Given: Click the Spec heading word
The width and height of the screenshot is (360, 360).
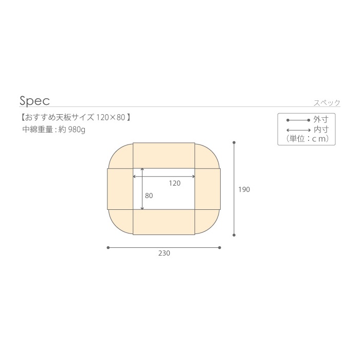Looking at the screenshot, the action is pyautogui.click(x=34, y=101).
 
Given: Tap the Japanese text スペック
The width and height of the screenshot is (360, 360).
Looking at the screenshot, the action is pyautogui.click(x=327, y=103).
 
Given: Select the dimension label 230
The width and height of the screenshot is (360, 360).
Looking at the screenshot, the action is pyautogui.click(x=164, y=253).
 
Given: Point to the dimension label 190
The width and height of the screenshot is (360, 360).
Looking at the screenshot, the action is pyautogui.click(x=244, y=189).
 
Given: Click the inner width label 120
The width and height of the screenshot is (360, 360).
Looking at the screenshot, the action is pyautogui.click(x=175, y=183).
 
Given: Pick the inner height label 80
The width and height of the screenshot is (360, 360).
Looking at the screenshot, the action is pyautogui.click(x=149, y=195).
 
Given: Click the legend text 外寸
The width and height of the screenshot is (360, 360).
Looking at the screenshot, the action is pyautogui.click(x=321, y=120).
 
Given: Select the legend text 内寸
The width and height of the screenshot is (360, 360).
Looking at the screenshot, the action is pyautogui.click(x=321, y=130).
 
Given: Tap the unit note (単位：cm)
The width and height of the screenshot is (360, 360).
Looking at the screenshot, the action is pyautogui.click(x=308, y=139).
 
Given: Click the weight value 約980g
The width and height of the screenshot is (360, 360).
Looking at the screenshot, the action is pyautogui.click(x=72, y=130).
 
